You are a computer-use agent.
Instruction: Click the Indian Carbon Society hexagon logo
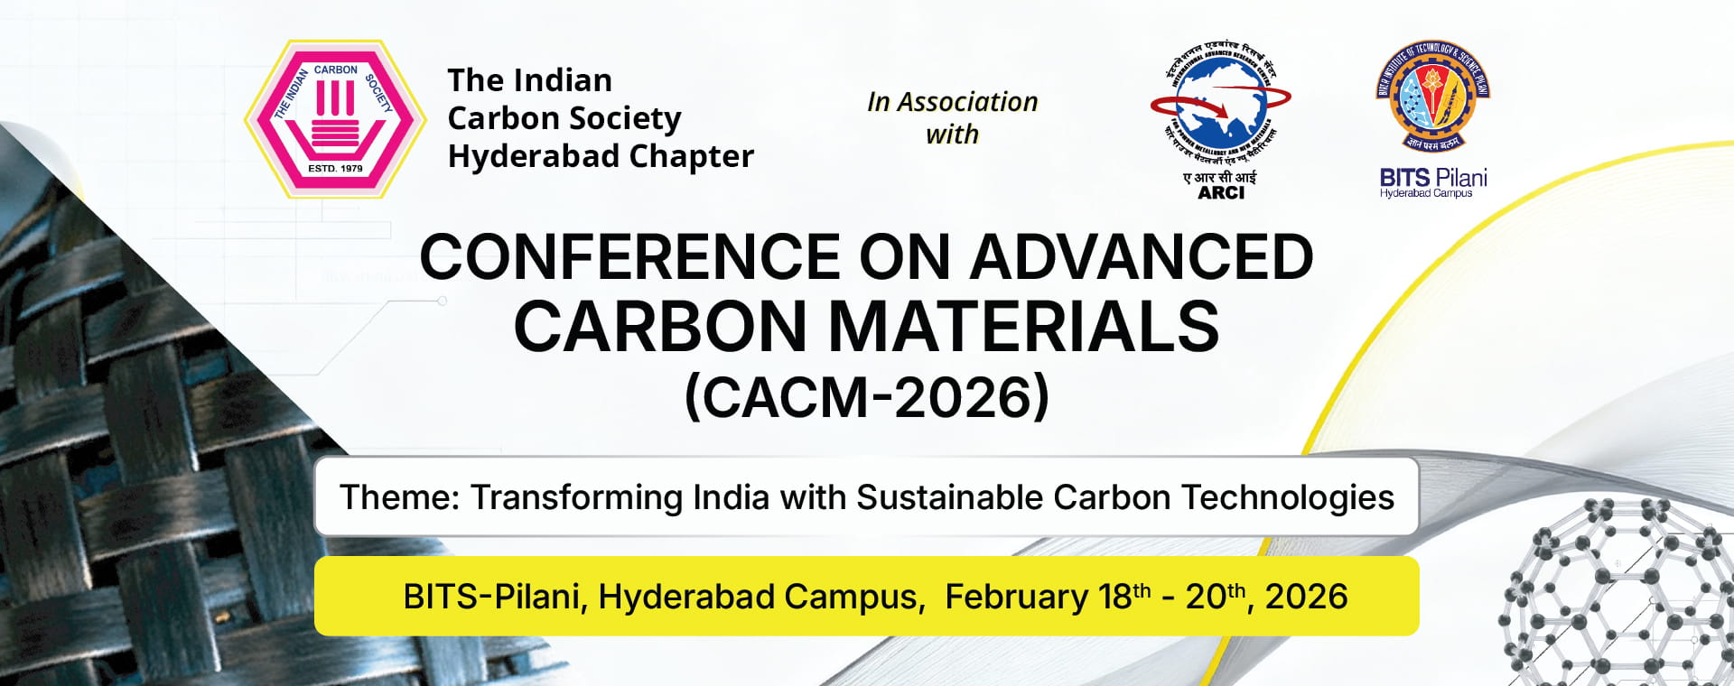click(335, 119)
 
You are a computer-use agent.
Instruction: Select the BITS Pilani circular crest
click(1432, 95)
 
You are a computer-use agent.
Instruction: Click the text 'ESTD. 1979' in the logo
click(335, 169)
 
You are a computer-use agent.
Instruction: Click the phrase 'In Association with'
click(952, 118)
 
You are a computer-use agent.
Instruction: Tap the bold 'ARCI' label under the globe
click(1221, 192)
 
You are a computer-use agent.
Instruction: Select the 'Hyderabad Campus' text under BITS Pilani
click(1426, 193)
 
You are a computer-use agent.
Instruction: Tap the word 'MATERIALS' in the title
click(1023, 327)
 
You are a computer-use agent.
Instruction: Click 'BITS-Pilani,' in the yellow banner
click(495, 597)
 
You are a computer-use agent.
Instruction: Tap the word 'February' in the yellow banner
click(1016, 597)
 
